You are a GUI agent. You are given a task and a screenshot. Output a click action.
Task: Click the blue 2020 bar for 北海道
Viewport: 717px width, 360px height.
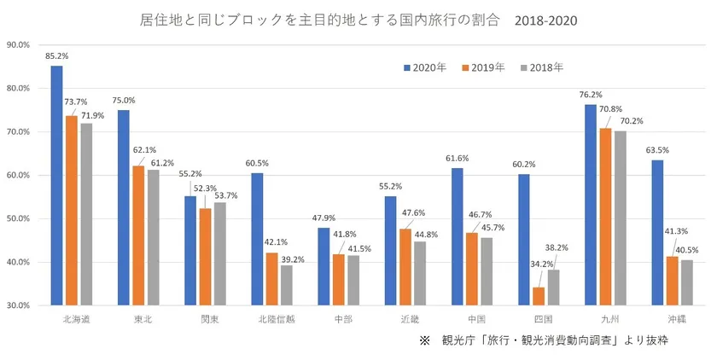click(56, 185)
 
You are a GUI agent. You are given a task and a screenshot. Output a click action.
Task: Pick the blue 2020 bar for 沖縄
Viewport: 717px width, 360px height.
click(657, 232)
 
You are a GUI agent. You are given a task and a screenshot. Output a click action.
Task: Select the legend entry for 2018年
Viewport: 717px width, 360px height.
click(541, 67)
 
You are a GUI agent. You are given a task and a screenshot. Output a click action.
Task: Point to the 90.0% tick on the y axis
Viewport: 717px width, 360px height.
click(19, 44)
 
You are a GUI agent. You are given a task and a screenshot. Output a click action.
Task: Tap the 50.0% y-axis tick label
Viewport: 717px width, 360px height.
click(19, 218)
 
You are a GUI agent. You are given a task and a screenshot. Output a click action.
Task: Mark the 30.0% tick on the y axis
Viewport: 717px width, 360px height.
click(19, 305)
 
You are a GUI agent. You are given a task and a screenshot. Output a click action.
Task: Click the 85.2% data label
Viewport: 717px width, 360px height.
click(57, 56)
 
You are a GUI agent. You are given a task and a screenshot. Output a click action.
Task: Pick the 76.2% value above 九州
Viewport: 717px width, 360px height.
click(591, 95)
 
